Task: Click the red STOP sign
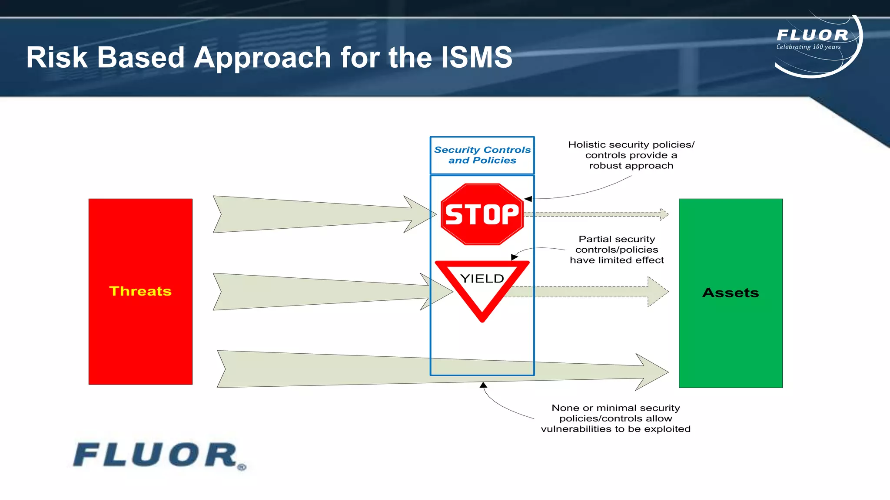coord(482,214)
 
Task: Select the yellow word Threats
coord(140,291)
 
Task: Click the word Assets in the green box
coord(731,293)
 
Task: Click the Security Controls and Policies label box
coord(482,155)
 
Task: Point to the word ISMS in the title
coord(477,57)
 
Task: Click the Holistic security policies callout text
coord(631,155)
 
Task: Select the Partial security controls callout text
coord(617,250)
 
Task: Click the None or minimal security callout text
coord(616,418)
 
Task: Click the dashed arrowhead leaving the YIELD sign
coord(657,292)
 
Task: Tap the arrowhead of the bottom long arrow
coord(652,372)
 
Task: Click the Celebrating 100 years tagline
coord(808,47)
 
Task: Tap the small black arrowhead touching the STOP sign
coord(528,199)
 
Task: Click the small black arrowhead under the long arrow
coord(483,385)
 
